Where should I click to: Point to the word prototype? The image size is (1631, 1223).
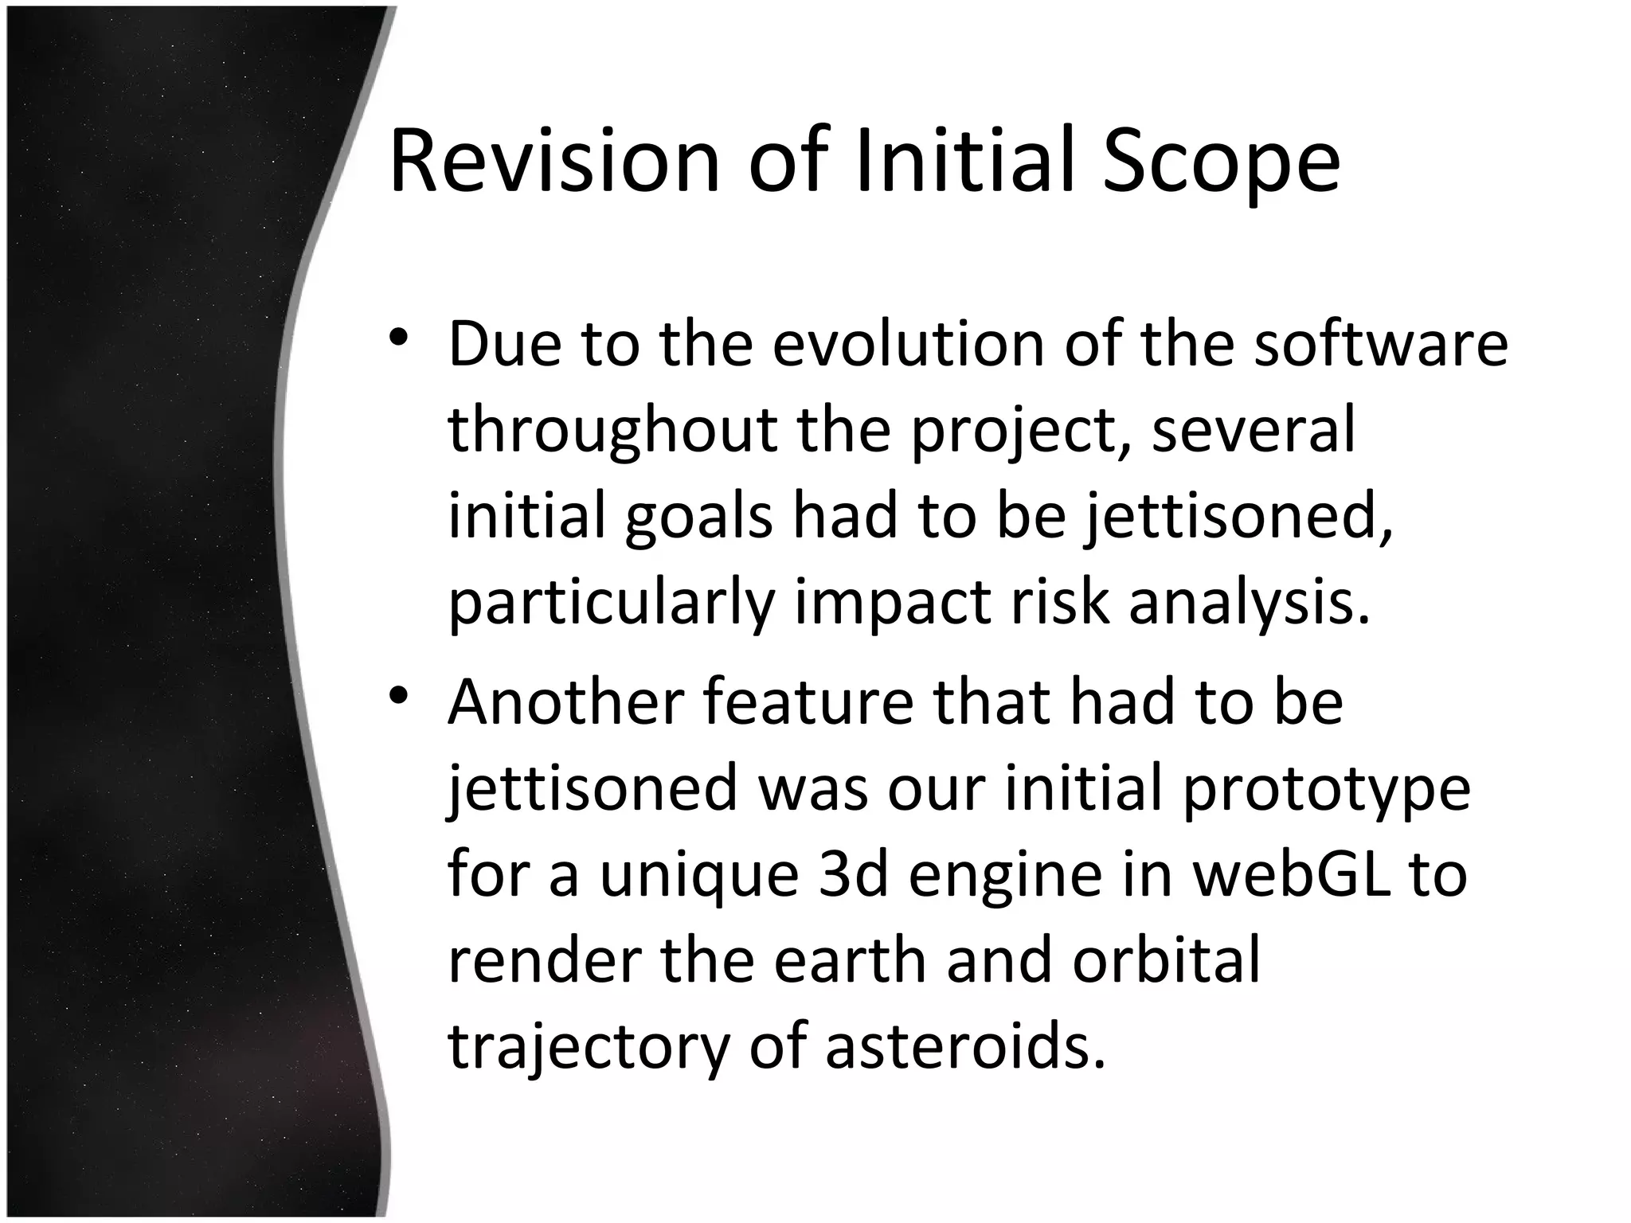point(1326,790)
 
